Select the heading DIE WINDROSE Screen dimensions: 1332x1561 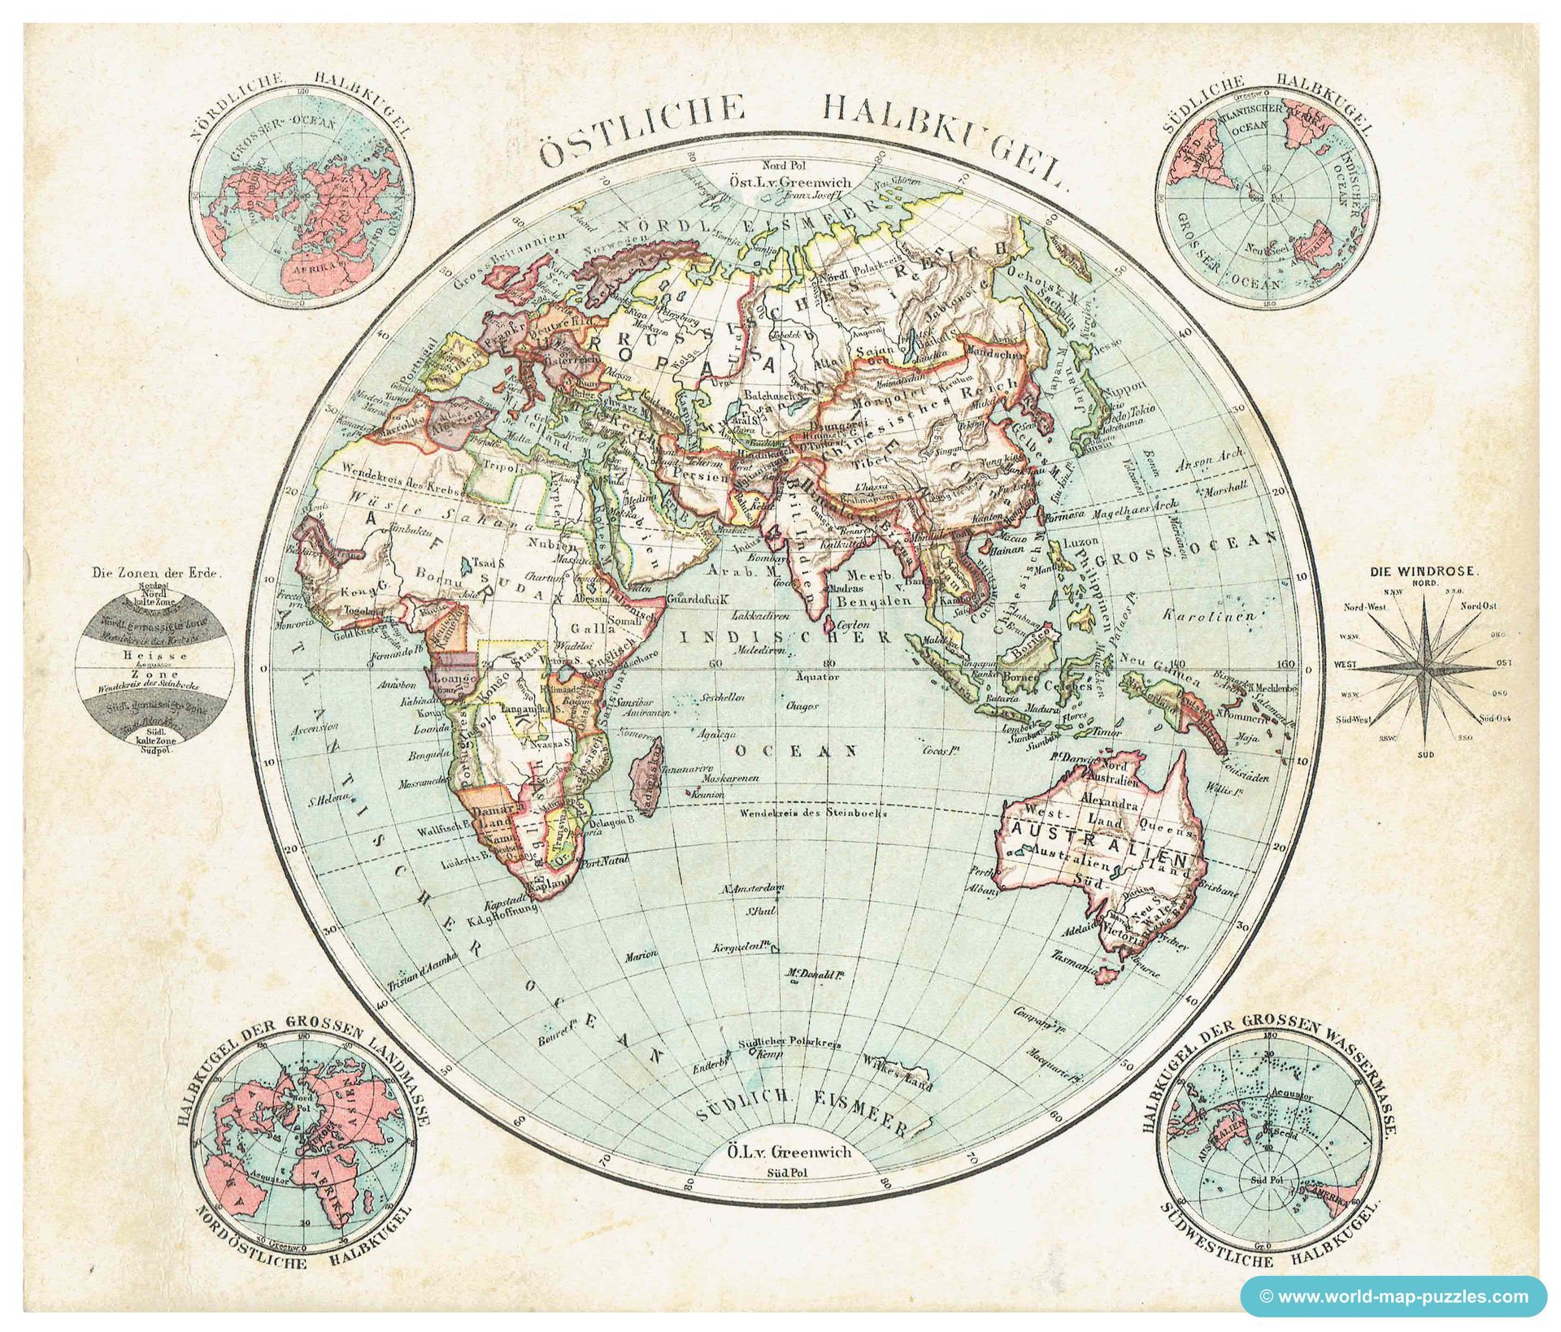[x=1427, y=571]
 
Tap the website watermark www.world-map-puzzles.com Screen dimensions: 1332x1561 [x=1394, y=1296]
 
